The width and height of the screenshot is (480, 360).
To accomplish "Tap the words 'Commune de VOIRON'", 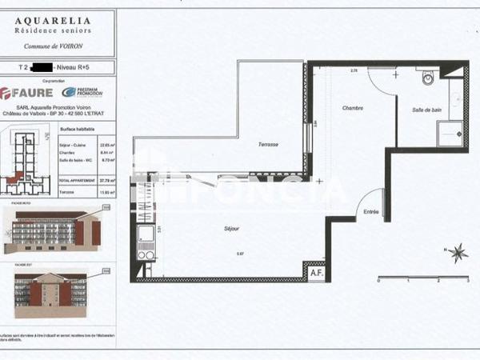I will [54, 46].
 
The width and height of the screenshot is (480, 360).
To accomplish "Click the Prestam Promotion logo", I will [83, 92].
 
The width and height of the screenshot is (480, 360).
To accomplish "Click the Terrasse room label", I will [269, 144].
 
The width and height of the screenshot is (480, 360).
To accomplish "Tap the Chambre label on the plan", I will [353, 108].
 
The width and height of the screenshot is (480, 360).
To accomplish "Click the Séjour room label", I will [232, 229].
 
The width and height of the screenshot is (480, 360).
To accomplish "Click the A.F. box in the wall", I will [316, 272].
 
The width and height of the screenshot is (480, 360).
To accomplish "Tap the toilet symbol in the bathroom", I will [428, 78].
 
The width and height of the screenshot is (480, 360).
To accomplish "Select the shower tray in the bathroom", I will [450, 133].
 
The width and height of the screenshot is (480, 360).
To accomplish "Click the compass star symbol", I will [458, 254].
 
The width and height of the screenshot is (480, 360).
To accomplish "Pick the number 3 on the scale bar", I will [467, 282].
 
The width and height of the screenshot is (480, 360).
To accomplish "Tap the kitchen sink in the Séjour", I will [146, 234].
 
